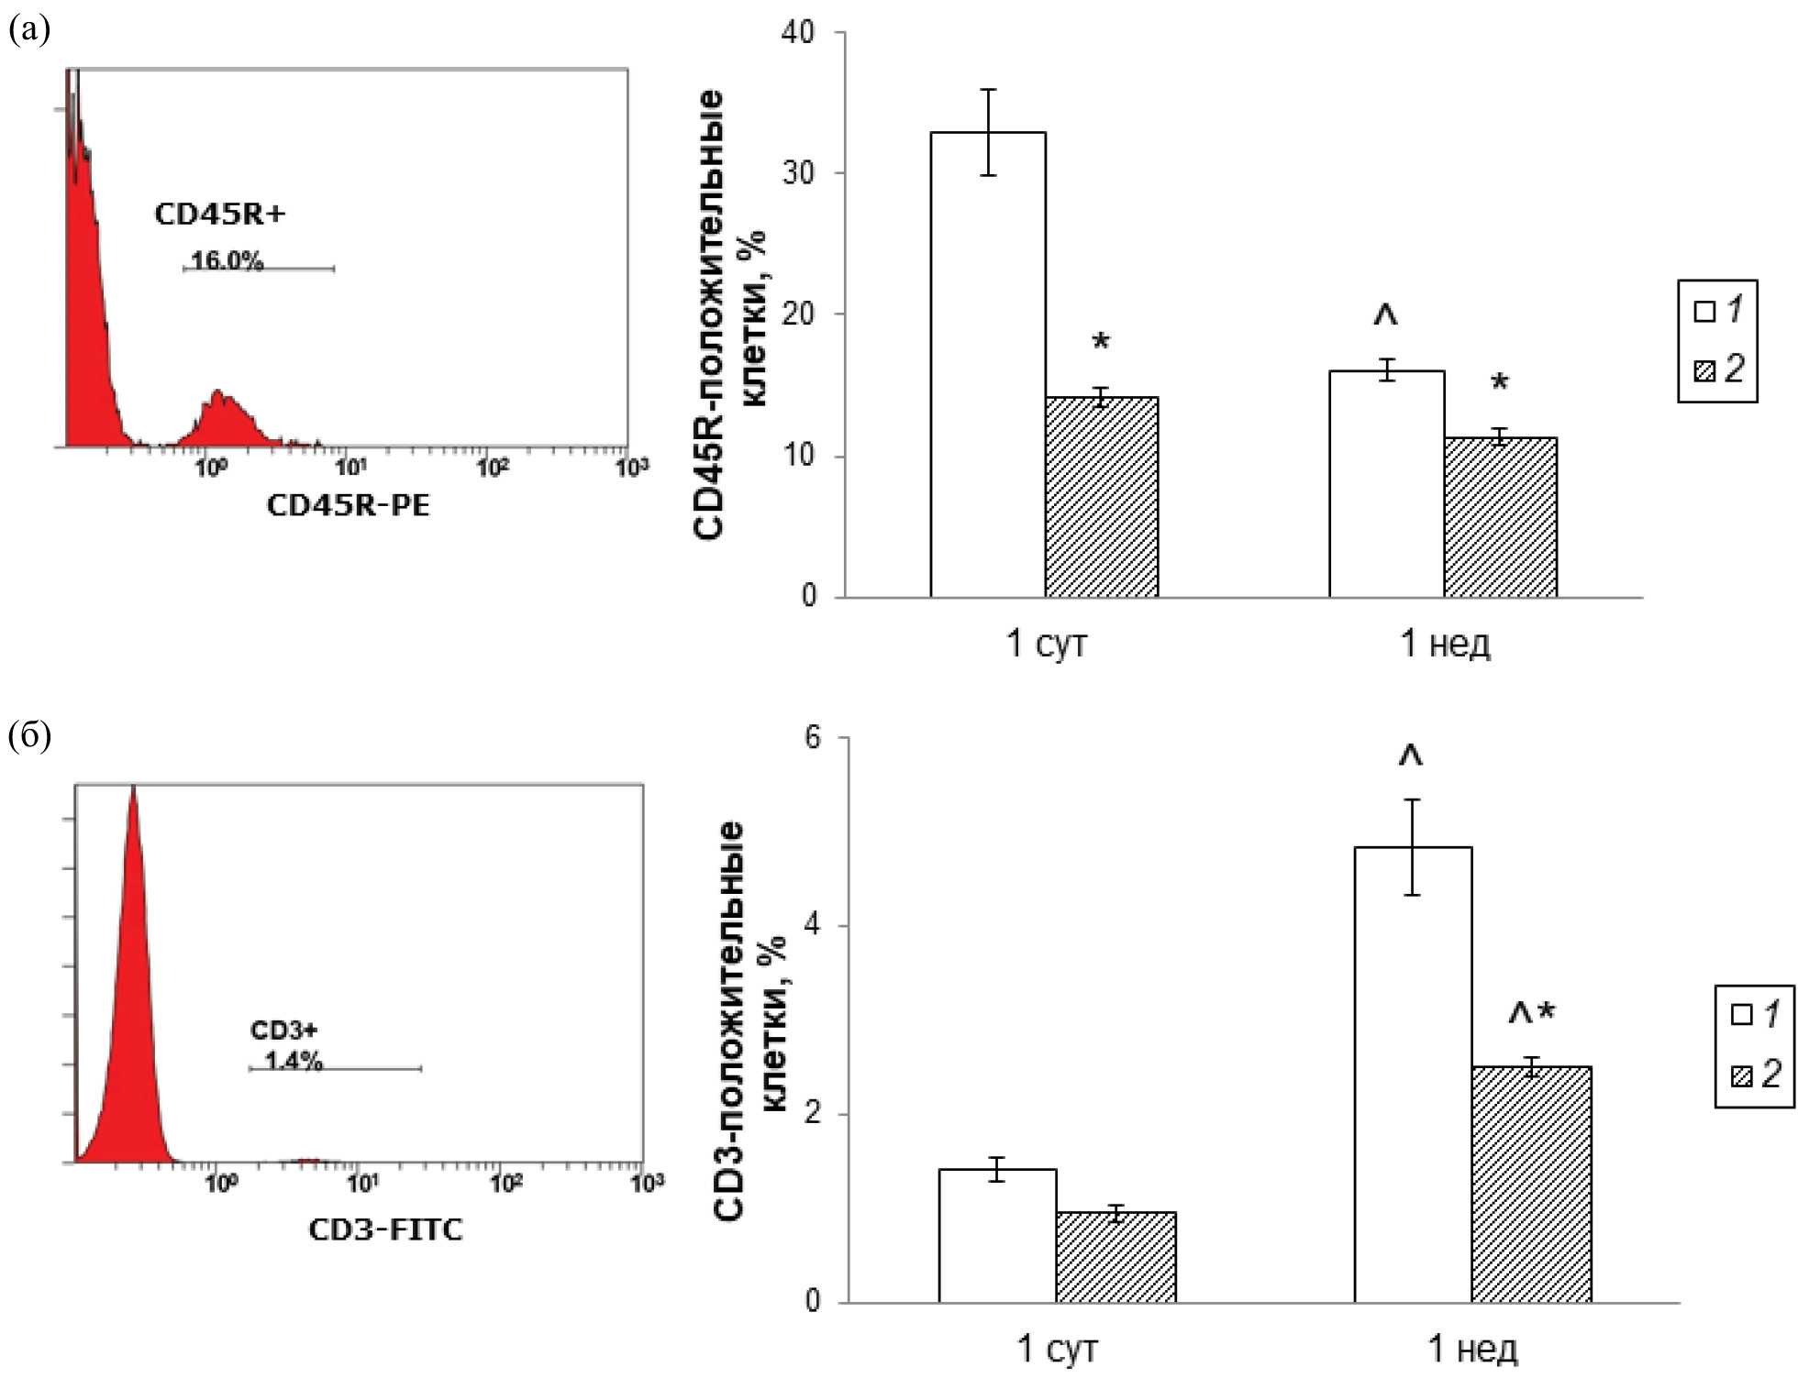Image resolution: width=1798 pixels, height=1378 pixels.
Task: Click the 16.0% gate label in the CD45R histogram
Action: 227,261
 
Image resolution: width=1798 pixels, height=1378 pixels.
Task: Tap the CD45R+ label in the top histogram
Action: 219,215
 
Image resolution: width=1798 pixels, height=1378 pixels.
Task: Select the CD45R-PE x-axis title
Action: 348,505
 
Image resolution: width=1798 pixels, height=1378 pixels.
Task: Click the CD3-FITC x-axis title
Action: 385,1229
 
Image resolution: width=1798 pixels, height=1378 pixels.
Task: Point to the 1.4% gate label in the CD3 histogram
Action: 294,1062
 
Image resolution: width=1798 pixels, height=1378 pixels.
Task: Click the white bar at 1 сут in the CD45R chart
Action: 988,367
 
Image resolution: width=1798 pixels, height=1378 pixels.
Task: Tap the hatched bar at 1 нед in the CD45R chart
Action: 1500,518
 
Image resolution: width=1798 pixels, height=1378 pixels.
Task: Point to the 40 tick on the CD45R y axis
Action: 798,33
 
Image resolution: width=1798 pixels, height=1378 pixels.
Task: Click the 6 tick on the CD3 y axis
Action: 813,738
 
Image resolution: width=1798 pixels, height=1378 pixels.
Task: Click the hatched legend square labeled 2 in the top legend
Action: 1704,370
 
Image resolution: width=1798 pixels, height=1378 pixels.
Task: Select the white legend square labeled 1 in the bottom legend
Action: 1741,1015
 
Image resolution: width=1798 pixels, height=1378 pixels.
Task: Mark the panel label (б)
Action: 29,735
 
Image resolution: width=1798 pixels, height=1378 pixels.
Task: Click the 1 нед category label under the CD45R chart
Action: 1445,645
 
